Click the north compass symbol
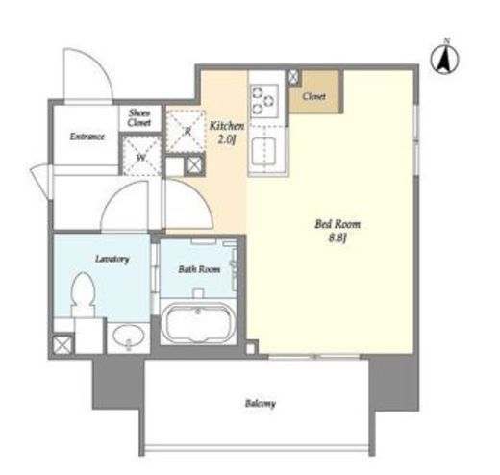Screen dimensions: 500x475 click(x=445, y=58)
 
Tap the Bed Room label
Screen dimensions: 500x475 click(x=337, y=224)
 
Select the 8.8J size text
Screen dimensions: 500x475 click(x=337, y=238)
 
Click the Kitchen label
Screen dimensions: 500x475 click(x=227, y=126)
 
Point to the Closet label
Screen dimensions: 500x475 click(x=314, y=96)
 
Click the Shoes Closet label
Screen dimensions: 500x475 click(x=139, y=117)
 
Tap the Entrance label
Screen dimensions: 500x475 click(x=87, y=137)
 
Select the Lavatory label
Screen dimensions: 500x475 click(x=112, y=259)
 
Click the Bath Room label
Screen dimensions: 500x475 click(x=199, y=269)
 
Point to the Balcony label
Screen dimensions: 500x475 click(x=261, y=403)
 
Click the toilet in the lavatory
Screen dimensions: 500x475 click(x=84, y=295)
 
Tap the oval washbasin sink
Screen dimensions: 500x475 click(x=129, y=337)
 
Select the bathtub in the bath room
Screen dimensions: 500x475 click(x=198, y=323)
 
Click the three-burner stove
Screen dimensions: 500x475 click(x=264, y=99)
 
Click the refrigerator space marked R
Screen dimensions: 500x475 click(x=186, y=131)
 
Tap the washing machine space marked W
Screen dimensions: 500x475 click(x=141, y=156)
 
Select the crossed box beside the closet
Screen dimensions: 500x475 click(x=293, y=77)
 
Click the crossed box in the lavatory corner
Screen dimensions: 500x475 click(x=62, y=344)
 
